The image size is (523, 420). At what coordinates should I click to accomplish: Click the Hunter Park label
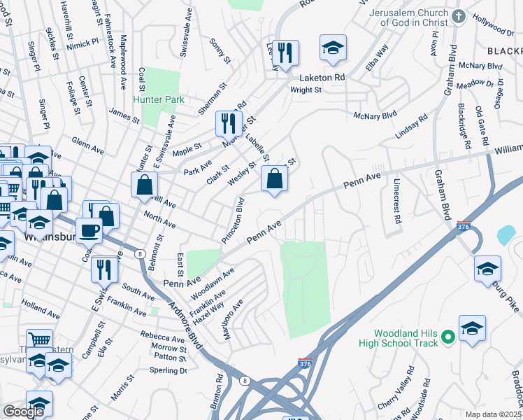pyautogui.click(x=159, y=99)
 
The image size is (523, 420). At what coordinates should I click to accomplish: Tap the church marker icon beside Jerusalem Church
pyautogui.click(x=459, y=17)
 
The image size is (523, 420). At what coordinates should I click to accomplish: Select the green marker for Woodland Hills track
pyautogui.click(x=448, y=337)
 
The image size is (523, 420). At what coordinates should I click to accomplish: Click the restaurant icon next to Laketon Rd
pyautogui.click(x=285, y=52)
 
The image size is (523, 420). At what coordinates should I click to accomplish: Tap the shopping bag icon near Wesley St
pyautogui.click(x=275, y=178)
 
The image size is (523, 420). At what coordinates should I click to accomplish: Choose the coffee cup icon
pyautogui.click(x=89, y=229)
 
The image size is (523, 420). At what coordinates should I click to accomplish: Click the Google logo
pyautogui.click(x=23, y=412)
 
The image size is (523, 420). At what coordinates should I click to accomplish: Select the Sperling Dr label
pyautogui.click(x=169, y=370)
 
